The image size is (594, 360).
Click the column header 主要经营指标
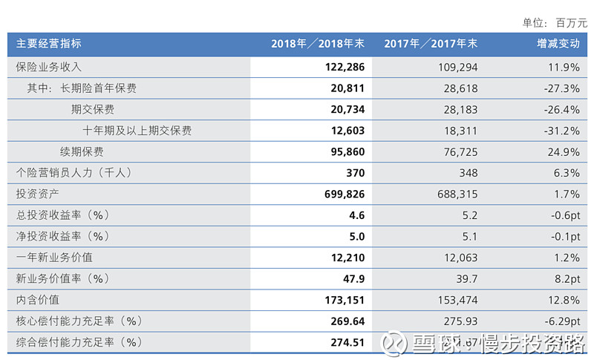49,44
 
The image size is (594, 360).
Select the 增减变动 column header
558,44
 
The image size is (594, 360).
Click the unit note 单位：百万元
555,22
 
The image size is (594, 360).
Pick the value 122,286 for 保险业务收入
344,67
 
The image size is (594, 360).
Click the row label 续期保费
82,151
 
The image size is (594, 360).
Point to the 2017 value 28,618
459,88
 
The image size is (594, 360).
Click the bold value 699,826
344,194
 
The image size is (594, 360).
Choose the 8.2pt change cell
564,279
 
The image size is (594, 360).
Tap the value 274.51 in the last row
347,342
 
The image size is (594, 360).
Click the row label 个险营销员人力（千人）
74,173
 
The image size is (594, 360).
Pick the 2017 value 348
467,173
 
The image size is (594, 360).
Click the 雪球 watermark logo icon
394,342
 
